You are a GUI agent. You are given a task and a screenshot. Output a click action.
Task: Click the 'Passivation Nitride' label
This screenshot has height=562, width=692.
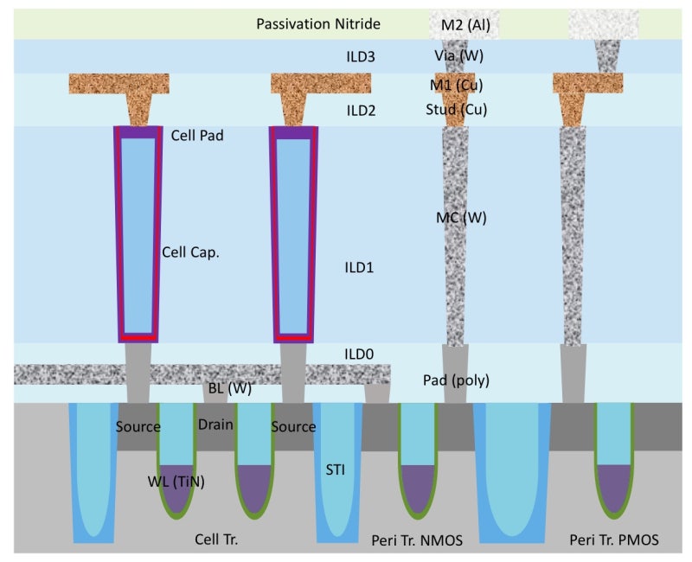317,24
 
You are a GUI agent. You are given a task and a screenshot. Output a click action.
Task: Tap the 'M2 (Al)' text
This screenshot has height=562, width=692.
465,24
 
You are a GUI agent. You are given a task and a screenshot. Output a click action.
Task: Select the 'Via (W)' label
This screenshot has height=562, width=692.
458,56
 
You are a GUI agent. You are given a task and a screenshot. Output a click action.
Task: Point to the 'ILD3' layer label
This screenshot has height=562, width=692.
356,57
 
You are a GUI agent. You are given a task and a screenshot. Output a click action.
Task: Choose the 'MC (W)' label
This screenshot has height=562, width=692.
461,218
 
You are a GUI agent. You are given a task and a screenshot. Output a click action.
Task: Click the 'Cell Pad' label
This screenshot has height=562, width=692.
197,136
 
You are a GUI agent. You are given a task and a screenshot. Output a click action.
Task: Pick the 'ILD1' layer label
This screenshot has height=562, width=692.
358,268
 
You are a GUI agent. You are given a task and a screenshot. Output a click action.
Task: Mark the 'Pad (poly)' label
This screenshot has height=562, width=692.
456,380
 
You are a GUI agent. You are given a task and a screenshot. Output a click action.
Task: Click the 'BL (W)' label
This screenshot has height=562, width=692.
229,389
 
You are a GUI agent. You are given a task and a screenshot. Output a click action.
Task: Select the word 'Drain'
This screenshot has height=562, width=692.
215,425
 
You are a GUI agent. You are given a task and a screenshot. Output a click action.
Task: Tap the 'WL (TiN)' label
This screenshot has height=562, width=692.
176,482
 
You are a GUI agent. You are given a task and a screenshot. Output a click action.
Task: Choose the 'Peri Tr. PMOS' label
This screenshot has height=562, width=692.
614,541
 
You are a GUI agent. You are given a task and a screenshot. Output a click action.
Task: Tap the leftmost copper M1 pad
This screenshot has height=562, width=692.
119,83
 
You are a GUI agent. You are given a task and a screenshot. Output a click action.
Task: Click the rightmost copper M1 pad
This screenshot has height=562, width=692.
587,83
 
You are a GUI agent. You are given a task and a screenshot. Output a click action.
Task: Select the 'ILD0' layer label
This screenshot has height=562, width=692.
356,354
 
